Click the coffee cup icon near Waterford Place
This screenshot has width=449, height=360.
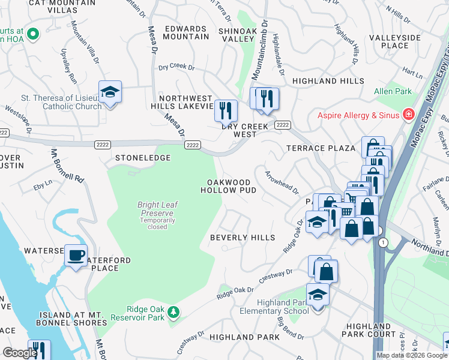pos(76,256)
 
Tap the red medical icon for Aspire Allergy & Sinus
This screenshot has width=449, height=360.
pos(409,113)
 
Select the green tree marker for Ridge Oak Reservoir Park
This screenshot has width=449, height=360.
pos(173,311)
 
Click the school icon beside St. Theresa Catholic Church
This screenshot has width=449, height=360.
pos(110,92)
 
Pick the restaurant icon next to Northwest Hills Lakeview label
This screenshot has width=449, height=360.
pos(226,110)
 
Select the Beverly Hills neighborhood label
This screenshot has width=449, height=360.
pos(242,238)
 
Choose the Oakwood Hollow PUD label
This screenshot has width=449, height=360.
pos(232,186)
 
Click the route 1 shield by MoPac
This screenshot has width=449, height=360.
pos(382,241)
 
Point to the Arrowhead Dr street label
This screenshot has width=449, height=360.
pos(282,182)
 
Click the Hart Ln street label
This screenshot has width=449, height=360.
pos(413,73)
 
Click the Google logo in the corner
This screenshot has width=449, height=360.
pos(19,353)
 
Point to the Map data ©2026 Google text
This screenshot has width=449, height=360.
pos(412,355)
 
